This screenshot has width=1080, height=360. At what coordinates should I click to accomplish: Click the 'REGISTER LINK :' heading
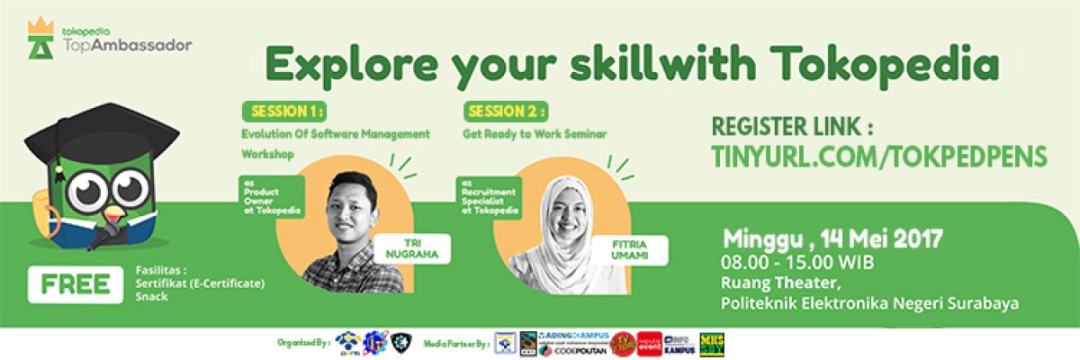[792, 124]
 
